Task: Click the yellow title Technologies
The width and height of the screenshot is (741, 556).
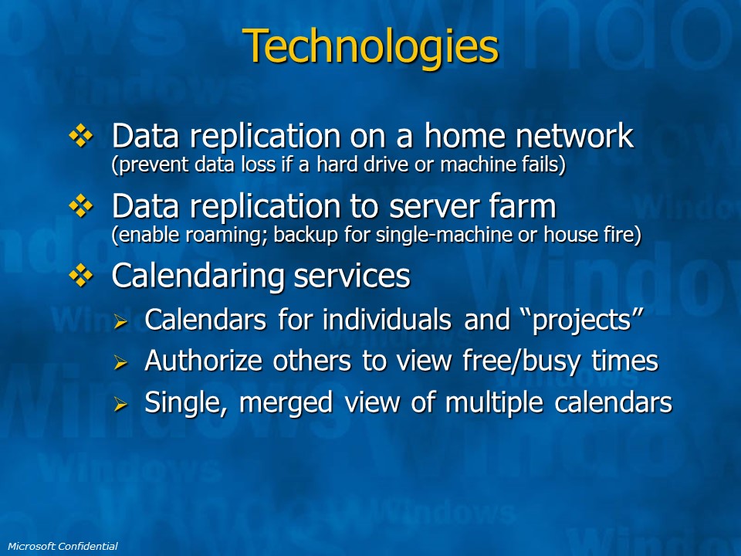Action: point(370,46)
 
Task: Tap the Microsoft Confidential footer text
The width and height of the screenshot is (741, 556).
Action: point(63,546)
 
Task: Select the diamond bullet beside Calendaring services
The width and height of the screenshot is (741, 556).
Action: point(81,276)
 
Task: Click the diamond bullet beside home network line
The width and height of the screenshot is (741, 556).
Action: point(81,136)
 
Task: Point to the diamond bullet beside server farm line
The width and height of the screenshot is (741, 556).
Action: point(81,205)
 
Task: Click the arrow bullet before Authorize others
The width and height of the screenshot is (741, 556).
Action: point(121,362)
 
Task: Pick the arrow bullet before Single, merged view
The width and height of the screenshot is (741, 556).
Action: point(121,404)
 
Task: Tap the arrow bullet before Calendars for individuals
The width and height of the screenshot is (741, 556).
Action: point(121,321)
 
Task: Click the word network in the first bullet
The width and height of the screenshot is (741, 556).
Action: point(574,136)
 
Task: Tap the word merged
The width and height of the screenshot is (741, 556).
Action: point(286,403)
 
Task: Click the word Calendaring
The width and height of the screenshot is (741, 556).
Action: point(198,276)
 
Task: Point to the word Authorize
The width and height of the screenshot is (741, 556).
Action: point(203,361)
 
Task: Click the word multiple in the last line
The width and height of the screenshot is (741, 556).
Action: point(494,403)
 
